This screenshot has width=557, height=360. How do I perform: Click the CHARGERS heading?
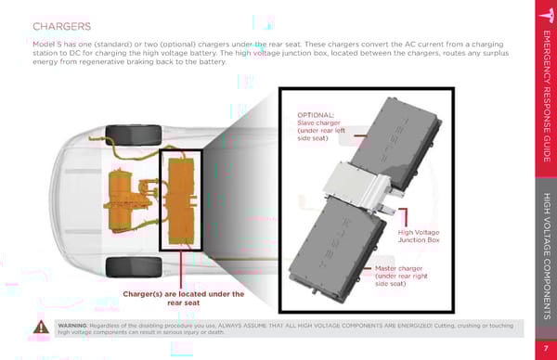coord(62,27)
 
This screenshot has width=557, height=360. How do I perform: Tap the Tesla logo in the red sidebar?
coord(547,15)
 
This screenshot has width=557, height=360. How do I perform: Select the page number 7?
coord(546,348)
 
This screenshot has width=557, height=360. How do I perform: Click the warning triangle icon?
coord(41,327)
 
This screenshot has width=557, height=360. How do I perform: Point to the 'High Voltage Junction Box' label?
coord(419,236)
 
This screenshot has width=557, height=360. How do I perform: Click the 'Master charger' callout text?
coord(401,276)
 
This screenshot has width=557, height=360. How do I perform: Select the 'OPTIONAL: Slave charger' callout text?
coord(321,127)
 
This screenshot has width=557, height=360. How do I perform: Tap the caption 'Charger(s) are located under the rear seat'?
coord(183,298)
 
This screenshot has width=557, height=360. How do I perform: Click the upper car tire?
coord(134,135)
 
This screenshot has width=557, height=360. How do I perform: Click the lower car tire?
coord(134,267)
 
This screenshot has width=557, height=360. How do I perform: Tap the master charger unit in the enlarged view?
coord(338,249)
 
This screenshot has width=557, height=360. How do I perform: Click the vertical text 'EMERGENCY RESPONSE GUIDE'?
coord(547,96)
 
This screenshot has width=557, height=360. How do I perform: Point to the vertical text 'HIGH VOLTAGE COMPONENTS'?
coord(547,256)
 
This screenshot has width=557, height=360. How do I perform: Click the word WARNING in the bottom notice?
coord(72,326)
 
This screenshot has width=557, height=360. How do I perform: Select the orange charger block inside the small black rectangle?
coord(181,201)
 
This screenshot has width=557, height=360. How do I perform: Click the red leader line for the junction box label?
coord(404,217)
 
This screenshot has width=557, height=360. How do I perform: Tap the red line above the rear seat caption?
coord(181,270)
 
